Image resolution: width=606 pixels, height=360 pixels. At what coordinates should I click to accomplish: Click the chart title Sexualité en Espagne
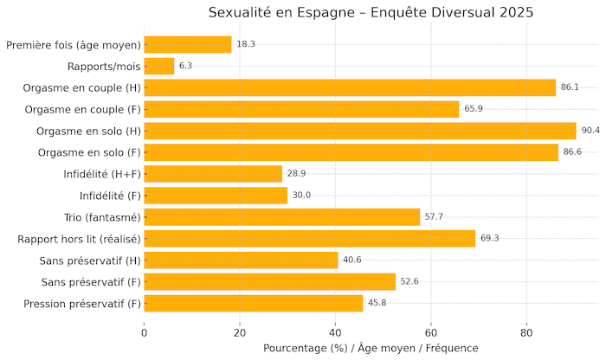click(x=371, y=12)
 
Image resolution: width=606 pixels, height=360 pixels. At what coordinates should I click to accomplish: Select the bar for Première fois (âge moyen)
click(x=188, y=45)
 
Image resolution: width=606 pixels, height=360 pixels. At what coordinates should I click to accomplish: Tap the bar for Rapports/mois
click(x=159, y=67)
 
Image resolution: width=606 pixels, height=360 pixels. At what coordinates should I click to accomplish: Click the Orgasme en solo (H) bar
click(x=360, y=131)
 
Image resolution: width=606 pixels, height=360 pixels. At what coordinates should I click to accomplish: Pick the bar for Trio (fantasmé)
click(x=282, y=217)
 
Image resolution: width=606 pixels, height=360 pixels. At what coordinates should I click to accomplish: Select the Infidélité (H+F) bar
click(x=213, y=174)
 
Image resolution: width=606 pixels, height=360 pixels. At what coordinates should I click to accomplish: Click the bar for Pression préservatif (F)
click(x=254, y=303)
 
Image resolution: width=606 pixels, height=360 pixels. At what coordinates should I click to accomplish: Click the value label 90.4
click(x=591, y=131)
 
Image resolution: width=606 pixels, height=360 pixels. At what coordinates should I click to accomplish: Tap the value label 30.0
click(x=301, y=196)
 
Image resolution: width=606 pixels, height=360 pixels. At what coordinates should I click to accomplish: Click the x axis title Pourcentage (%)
click(x=371, y=348)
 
